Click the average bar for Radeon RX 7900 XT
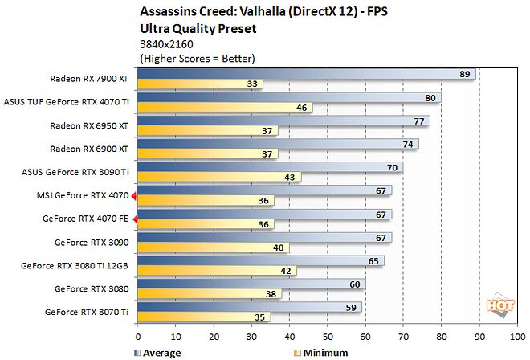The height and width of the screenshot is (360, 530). click(x=305, y=74)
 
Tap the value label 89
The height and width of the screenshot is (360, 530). click(x=464, y=74)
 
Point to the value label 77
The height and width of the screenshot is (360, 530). click(x=418, y=121)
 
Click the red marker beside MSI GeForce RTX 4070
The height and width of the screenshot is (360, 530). click(x=134, y=195)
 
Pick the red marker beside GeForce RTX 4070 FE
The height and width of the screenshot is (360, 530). click(x=134, y=219)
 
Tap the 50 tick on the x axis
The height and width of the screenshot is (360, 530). click(x=328, y=337)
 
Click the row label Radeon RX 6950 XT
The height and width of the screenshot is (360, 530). click(x=88, y=125)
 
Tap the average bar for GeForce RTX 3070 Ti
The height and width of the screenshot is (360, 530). click(x=249, y=306)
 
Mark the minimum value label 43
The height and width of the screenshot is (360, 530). click(x=289, y=178)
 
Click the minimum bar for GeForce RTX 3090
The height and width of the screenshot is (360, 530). click(x=214, y=247)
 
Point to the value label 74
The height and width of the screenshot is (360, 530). click(x=407, y=145)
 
